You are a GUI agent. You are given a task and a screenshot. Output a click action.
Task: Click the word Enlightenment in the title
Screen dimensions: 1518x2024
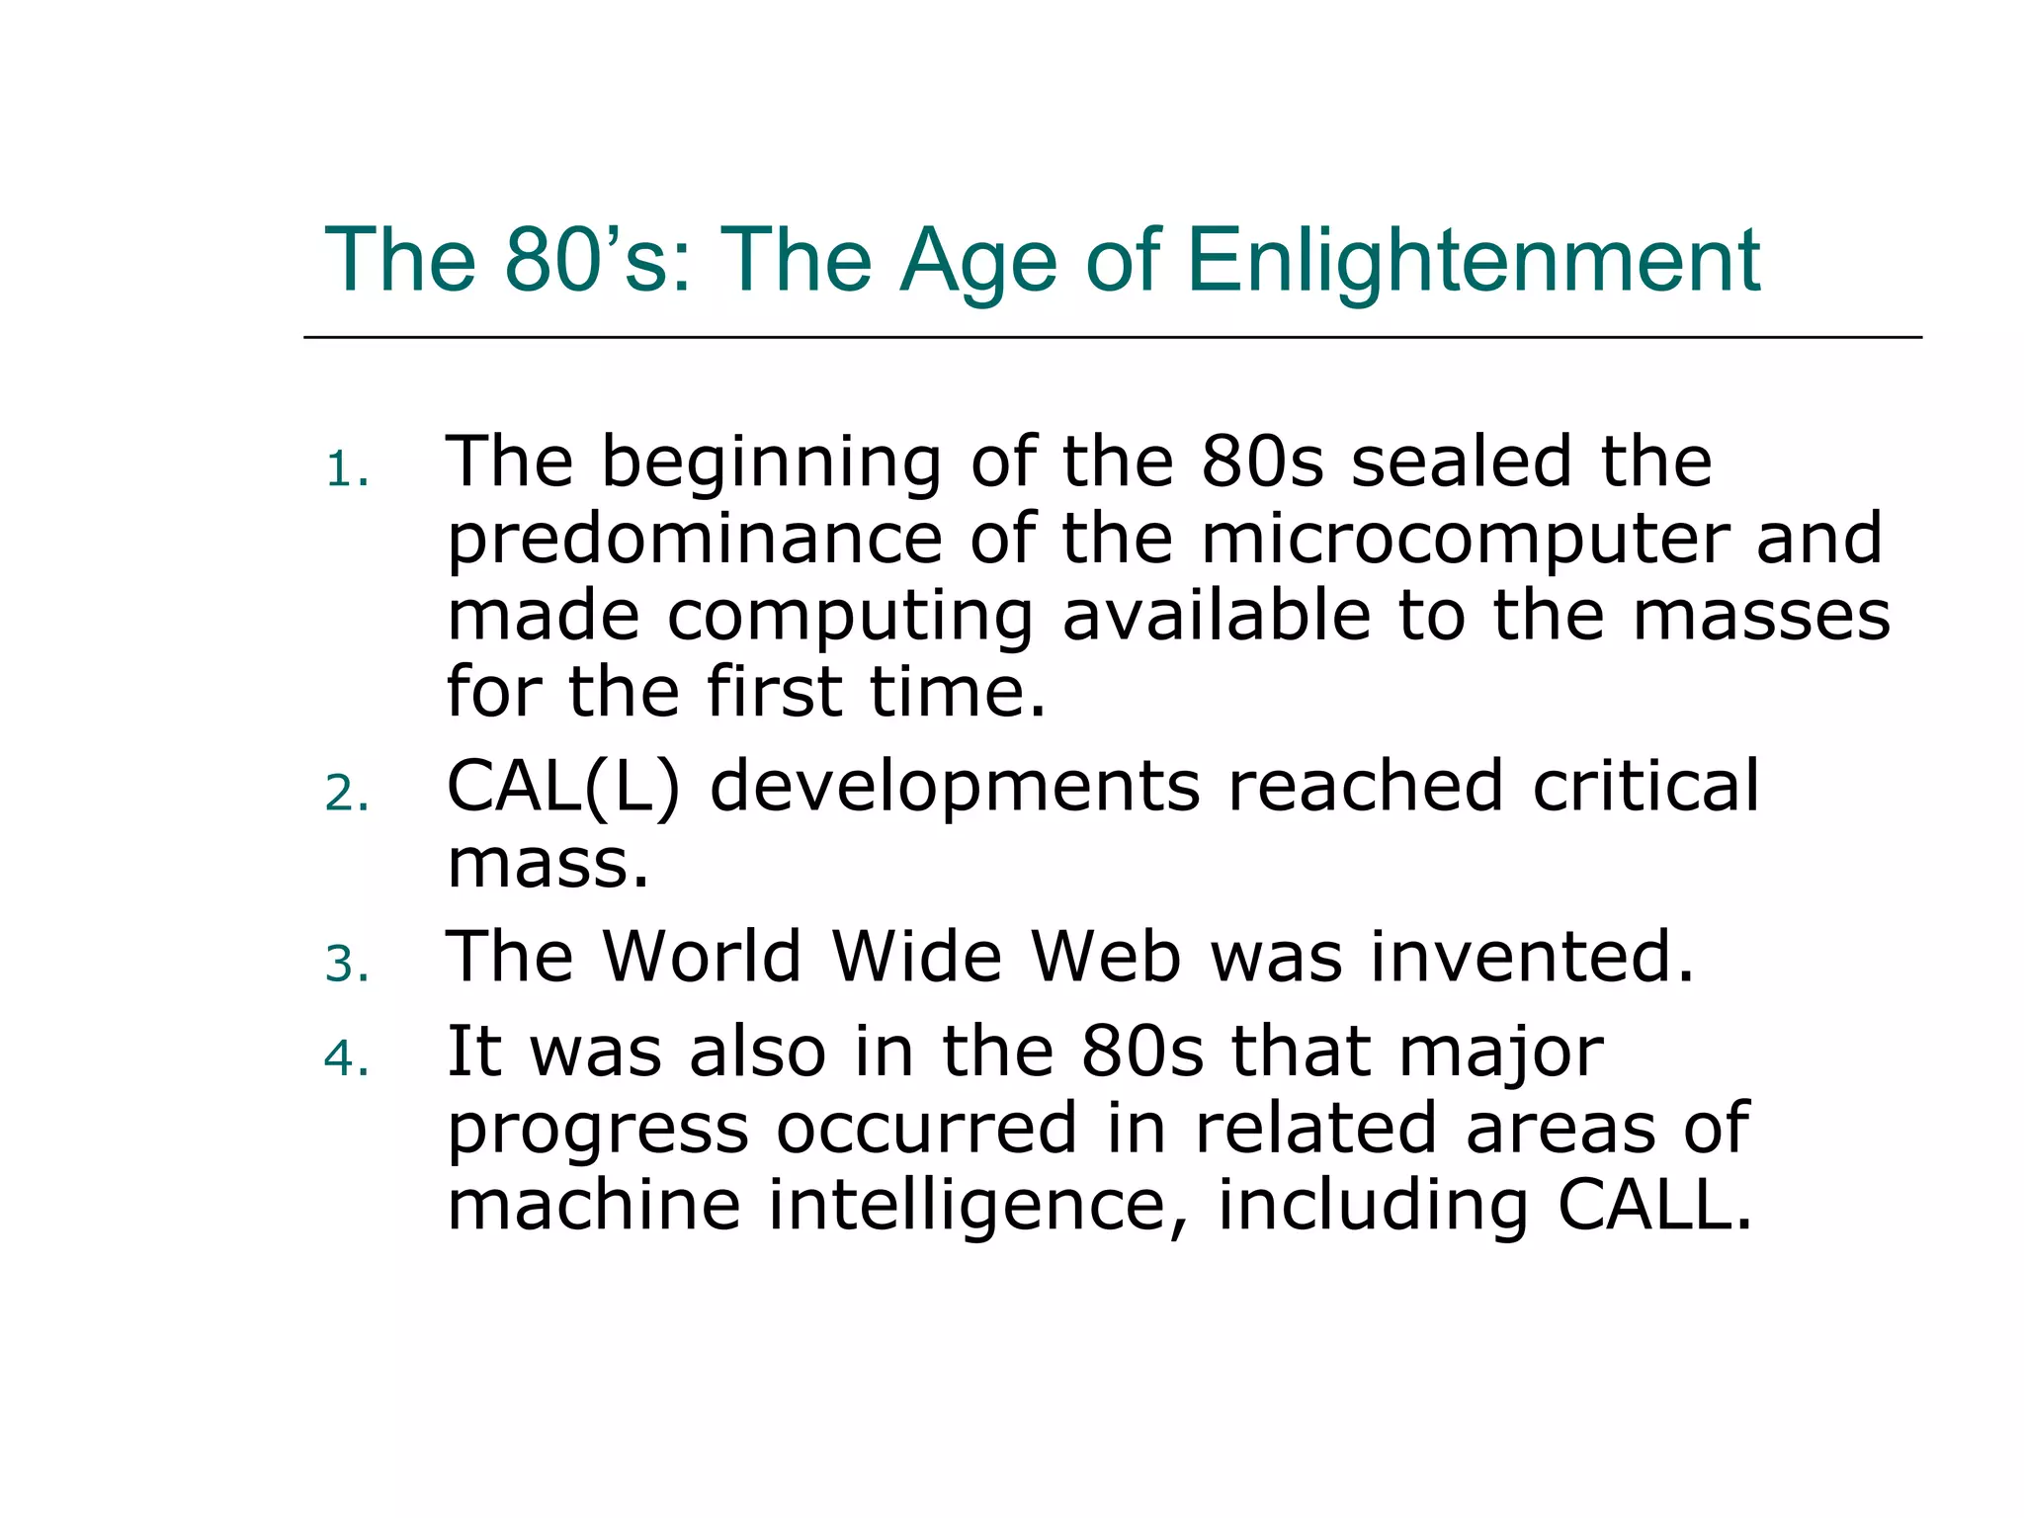pos(1473,261)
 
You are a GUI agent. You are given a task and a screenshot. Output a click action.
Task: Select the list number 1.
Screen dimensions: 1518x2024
pos(346,470)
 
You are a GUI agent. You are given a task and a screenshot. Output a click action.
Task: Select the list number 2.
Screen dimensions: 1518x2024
pos(346,794)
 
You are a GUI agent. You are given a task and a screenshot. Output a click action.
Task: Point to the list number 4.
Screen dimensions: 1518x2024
pos(346,1059)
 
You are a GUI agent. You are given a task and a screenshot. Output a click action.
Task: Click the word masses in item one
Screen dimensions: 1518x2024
pos(1760,616)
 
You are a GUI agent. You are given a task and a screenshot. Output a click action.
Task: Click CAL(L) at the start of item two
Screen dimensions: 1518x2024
pos(563,788)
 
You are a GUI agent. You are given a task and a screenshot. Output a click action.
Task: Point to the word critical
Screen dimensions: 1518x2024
pos(1645,787)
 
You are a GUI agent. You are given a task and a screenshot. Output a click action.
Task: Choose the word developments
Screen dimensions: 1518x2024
pos(955,788)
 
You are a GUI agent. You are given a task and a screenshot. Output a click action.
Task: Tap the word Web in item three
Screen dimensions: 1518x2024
pos(1105,957)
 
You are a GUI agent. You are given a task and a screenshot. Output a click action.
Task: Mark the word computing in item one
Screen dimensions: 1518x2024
pos(850,618)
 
